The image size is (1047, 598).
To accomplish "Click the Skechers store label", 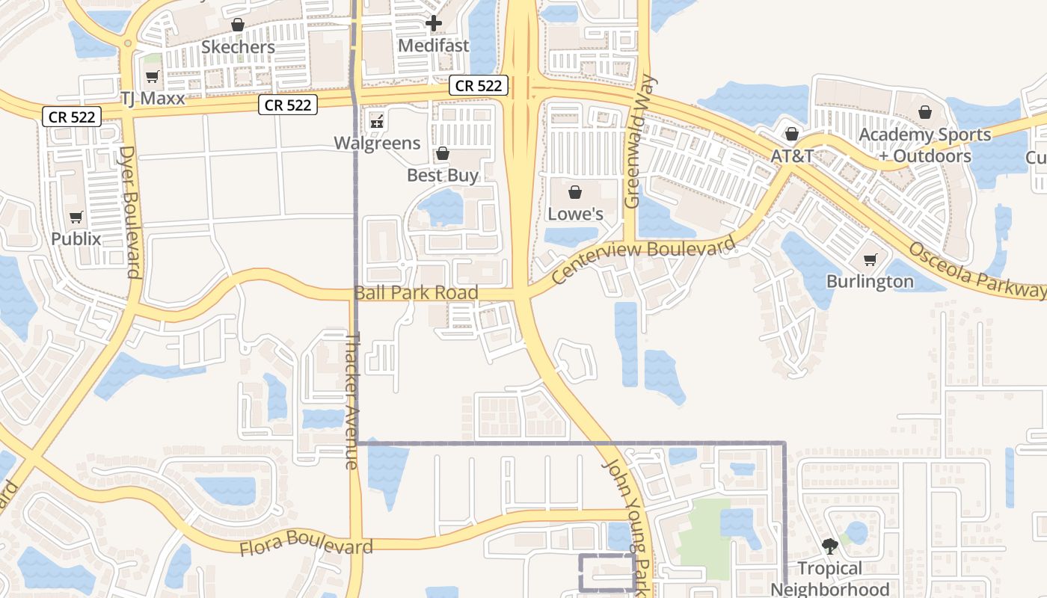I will tap(239, 47).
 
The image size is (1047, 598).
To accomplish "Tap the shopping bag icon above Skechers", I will tap(238, 25).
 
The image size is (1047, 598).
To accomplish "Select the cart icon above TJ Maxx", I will tap(153, 76).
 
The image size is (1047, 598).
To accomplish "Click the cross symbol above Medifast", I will tap(433, 24).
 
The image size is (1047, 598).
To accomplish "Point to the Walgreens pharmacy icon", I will tap(377, 120).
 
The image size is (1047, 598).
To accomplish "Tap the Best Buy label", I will tap(442, 175).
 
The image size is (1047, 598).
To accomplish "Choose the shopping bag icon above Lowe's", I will tap(575, 192).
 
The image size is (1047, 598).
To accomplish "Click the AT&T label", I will tap(791, 156).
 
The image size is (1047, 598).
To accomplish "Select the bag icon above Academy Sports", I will tap(925, 112).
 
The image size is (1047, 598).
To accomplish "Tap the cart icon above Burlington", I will tap(870, 259).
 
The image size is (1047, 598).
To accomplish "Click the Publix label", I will tap(76, 239).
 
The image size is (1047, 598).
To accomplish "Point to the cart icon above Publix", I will tap(76, 218).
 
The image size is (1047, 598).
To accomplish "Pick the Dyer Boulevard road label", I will tap(130, 212).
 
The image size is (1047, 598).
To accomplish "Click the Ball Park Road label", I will tap(416, 292).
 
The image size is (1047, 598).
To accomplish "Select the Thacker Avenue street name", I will tap(351, 400).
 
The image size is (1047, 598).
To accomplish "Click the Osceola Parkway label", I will tap(976, 270).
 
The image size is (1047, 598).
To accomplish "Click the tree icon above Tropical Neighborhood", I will tap(829, 546).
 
